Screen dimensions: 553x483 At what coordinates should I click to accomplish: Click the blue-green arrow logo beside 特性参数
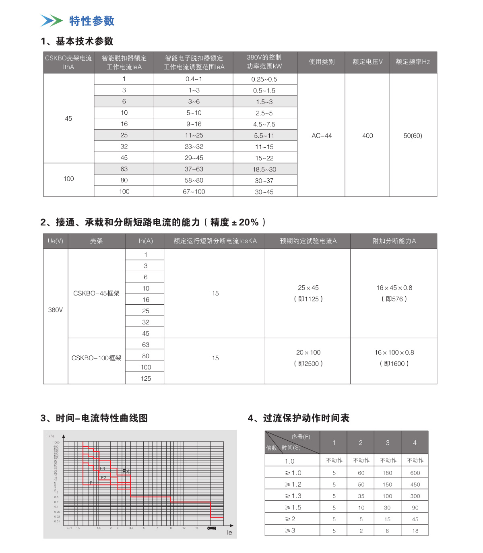coord(52,21)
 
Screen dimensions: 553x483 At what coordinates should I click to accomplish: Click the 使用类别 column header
coord(322,62)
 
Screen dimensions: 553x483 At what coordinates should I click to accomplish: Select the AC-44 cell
coord(322,136)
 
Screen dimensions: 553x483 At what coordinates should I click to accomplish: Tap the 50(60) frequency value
coord(413,136)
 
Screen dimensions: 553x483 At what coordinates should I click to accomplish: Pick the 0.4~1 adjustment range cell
coord(194,79)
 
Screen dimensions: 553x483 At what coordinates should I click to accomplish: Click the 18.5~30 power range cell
coord(264,169)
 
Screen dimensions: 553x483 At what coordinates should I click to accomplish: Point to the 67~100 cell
coord(194,192)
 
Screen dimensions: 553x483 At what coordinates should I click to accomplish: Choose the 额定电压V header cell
coord(367,62)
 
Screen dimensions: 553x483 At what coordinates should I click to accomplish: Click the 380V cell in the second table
coord(56,310)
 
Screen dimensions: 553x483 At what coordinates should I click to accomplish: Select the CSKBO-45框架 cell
coord(96,293)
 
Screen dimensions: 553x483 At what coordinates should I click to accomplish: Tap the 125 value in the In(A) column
coord(146,378)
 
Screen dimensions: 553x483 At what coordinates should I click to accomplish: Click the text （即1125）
coord(308,299)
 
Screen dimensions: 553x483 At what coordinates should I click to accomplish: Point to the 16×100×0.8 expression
coord(394,353)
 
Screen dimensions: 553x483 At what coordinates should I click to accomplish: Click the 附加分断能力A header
coord(394,241)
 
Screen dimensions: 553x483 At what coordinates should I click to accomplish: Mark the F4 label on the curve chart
coord(126,471)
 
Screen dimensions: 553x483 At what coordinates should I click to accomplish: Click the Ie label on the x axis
coord(229,532)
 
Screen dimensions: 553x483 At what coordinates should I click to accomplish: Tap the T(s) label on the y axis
coord(50,436)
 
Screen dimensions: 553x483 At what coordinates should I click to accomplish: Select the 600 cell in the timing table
coord(415,473)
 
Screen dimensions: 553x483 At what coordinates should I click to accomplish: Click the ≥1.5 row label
coord(293,508)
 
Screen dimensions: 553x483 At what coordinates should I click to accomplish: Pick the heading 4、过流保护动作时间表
coord(298,418)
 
